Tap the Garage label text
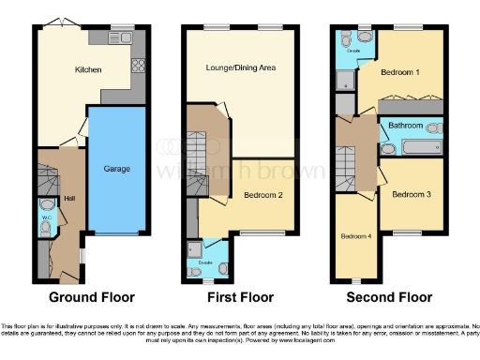[117, 170]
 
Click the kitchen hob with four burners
[138, 66]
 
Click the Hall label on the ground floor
[69, 198]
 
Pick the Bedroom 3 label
[411, 195]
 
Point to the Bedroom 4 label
[355, 236]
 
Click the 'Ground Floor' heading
[89, 297]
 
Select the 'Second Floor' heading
[389, 297]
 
